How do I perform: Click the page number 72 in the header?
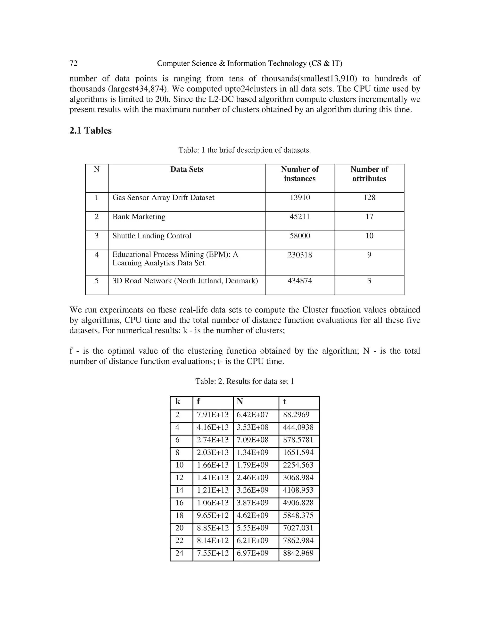[73, 63]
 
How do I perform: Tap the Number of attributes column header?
[369, 174]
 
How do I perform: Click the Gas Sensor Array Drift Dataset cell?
[163, 198]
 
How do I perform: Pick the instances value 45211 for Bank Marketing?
[299, 217]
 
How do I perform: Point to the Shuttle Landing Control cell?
[152, 236]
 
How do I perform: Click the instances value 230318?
[299, 255]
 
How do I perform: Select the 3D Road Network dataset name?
[185, 281]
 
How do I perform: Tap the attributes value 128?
[369, 198]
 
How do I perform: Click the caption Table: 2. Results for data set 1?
[244, 381]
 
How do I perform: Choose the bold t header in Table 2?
[284, 402]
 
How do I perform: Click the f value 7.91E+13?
[213, 415]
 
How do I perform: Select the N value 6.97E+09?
[252, 553]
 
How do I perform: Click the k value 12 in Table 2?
[179, 478]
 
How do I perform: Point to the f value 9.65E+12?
[213, 515]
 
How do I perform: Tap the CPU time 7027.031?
[298, 528]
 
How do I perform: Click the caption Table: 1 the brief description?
[244, 150]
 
